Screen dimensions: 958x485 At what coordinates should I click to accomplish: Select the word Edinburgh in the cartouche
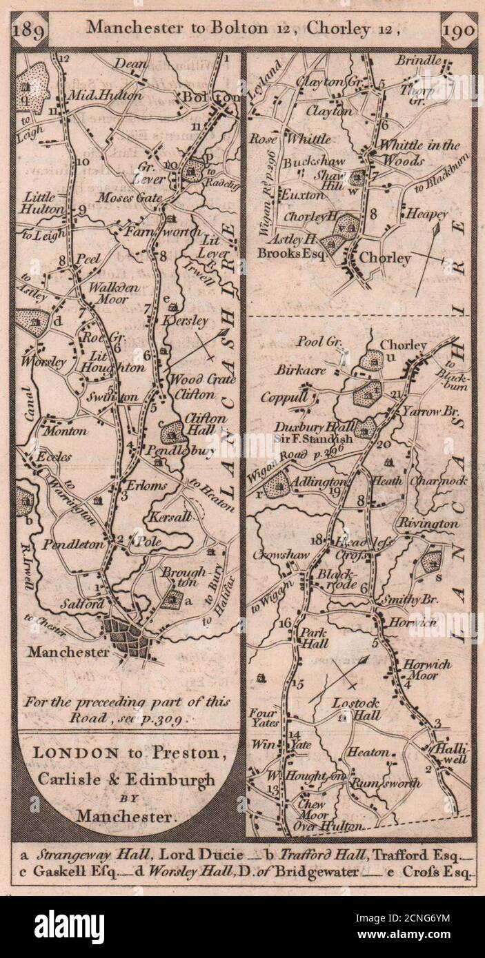(x=175, y=779)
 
